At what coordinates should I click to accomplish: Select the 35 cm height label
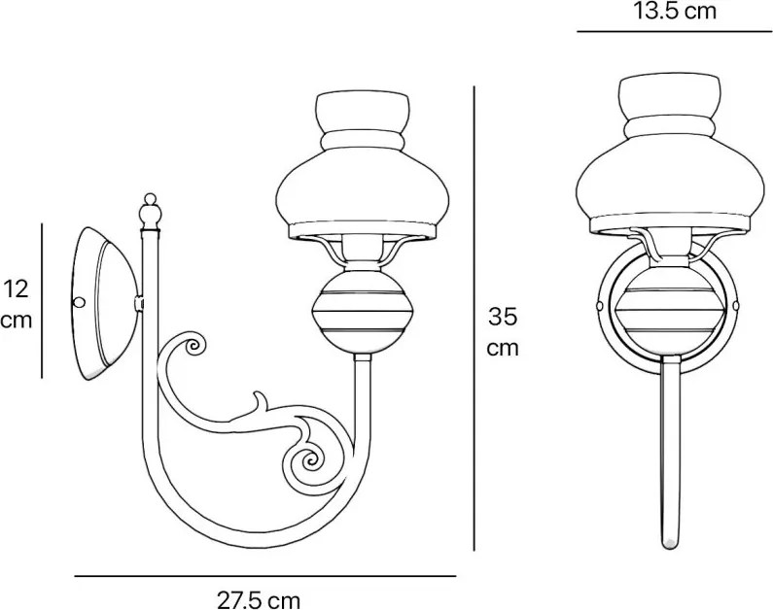503,331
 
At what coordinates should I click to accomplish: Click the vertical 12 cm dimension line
43,300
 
